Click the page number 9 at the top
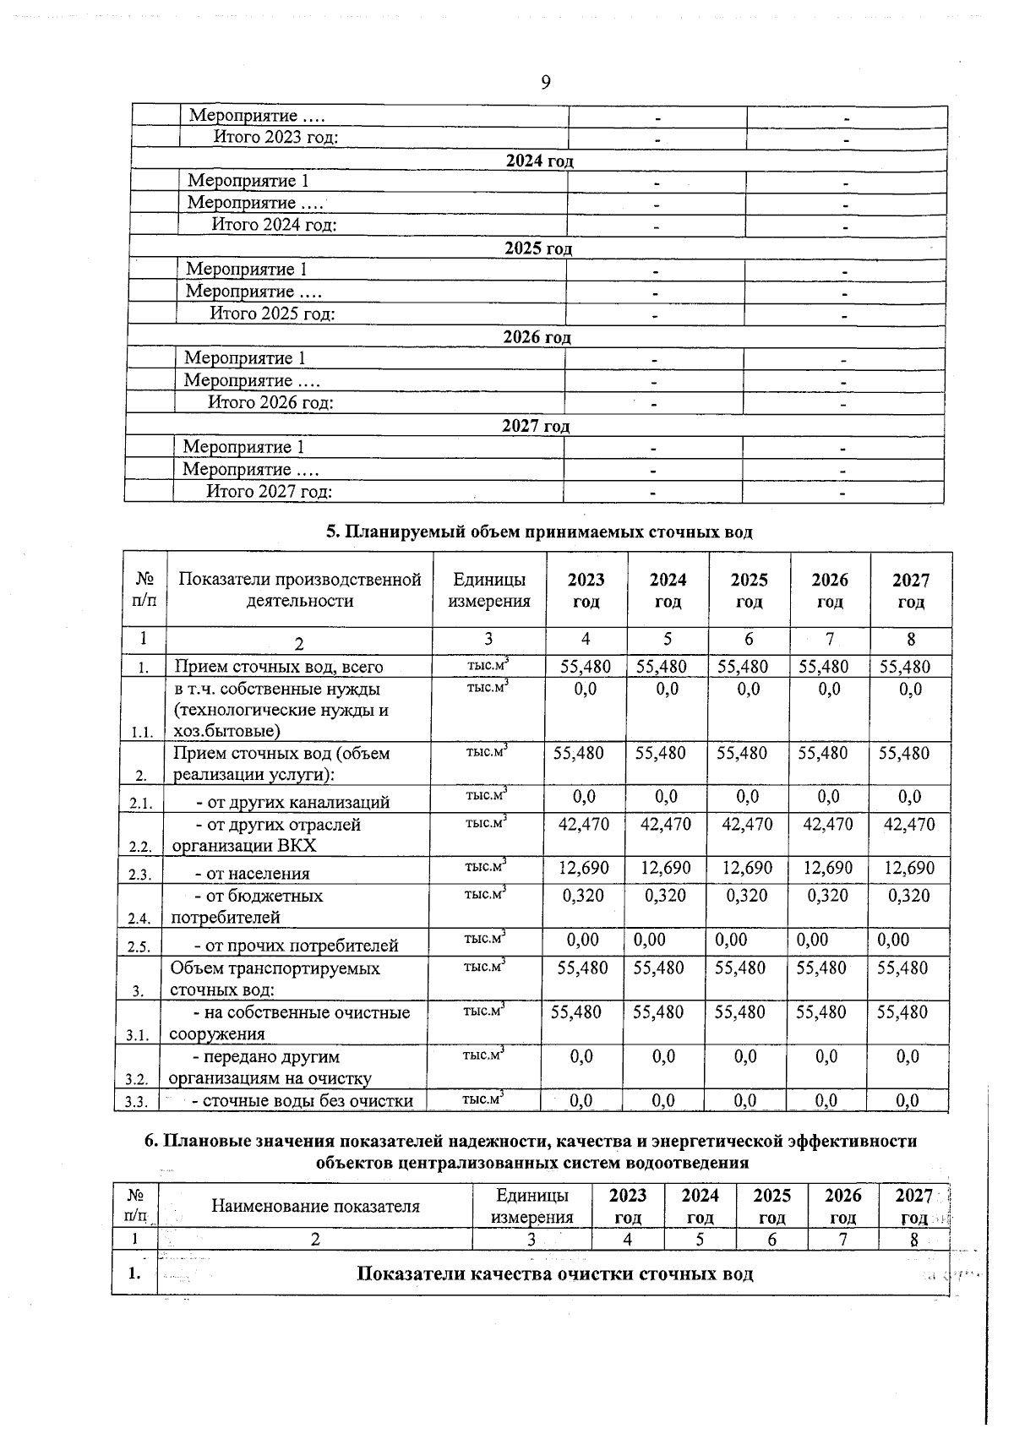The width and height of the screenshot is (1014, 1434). pyautogui.click(x=545, y=82)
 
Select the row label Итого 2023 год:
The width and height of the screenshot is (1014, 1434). pyautogui.click(x=275, y=138)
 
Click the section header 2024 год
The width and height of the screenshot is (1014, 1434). pyautogui.click(x=539, y=161)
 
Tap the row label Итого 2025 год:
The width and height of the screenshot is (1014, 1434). pyautogui.click(x=272, y=314)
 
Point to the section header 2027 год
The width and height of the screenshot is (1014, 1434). pyautogui.click(x=536, y=426)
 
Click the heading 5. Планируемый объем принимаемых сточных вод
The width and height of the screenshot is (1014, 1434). pyautogui.click(x=539, y=532)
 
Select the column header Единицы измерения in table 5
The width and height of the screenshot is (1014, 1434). pyautogui.click(x=489, y=590)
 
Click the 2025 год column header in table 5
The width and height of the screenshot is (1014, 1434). pyautogui.click(x=749, y=590)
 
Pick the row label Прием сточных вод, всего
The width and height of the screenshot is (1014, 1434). pyautogui.click(x=278, y=667)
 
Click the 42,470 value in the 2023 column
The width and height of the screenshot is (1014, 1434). pyautogui.click(x=584, y=824)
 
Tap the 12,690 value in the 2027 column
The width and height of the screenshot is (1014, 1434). pyautogui.click(x=909, y=868)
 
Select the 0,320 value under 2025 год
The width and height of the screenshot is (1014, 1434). pyautogui.click(x=747, y=896)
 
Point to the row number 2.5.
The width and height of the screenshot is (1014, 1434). pyautogui.click(x=139, y=946)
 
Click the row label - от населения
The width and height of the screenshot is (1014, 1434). pyautogui.click(x=252, y=874)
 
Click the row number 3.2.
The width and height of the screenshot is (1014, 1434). pyautogui.click(x=137, y=1079)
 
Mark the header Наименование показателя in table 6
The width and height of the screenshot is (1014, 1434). pyautogui.click(x=315, y=1206)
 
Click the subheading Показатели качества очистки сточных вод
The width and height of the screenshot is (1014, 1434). pyautogui.click(x=555, y=1273)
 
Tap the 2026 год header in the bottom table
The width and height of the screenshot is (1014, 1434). pyautogui.click(x=842, y=1206)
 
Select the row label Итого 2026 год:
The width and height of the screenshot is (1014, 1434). pyautogui.click(x=270, y=402)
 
